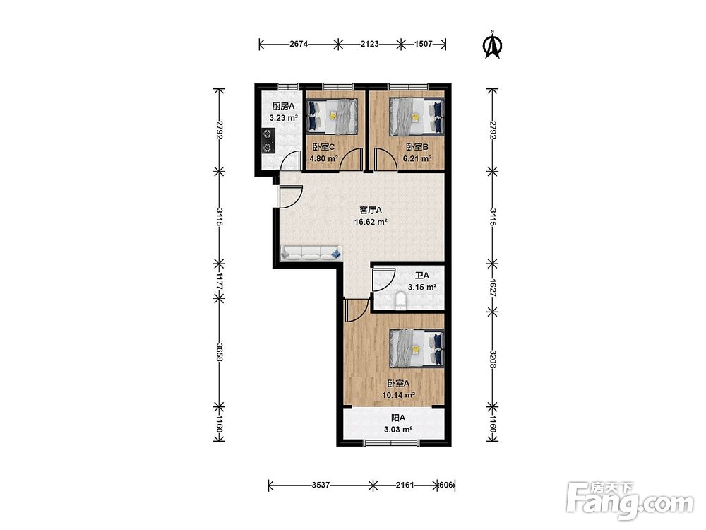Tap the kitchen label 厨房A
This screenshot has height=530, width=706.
pyautogui.click(x=283, y=107)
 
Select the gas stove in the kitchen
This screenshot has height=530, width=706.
pyautogui.click(x=268, y=141)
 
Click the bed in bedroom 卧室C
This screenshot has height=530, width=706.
pyautogui.click(x=333, y=117)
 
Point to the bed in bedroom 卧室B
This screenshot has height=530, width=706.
pyautogui.click(x=417, y=117)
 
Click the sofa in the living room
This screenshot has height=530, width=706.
pyautogui.click(x=311, y=253)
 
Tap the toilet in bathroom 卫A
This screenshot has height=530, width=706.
pyautogui.click(x=400, y=302)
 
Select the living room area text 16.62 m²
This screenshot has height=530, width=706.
pyautogui.click(x=371, y=222)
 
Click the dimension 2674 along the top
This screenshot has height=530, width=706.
pyautogui.click(x=299, y=44)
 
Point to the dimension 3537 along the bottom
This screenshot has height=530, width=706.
pyautogui.click(x=321, y=485)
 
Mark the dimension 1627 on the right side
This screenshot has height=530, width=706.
pyautogui.click(x=493, y=287)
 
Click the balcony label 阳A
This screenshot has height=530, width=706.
pyautogui.click(x=398, y=418)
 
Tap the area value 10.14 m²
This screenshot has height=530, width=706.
pyautogui.click(x=398, y=395)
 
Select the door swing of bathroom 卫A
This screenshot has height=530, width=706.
pyautogui.click(x=383, y=280)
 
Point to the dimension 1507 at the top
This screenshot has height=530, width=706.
pyautogui.click(x=423, y=44)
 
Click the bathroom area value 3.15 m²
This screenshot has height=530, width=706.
pyautogui.click(x=422, y=287)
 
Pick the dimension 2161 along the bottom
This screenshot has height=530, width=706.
pyautogui.click(x=405, y=485)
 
